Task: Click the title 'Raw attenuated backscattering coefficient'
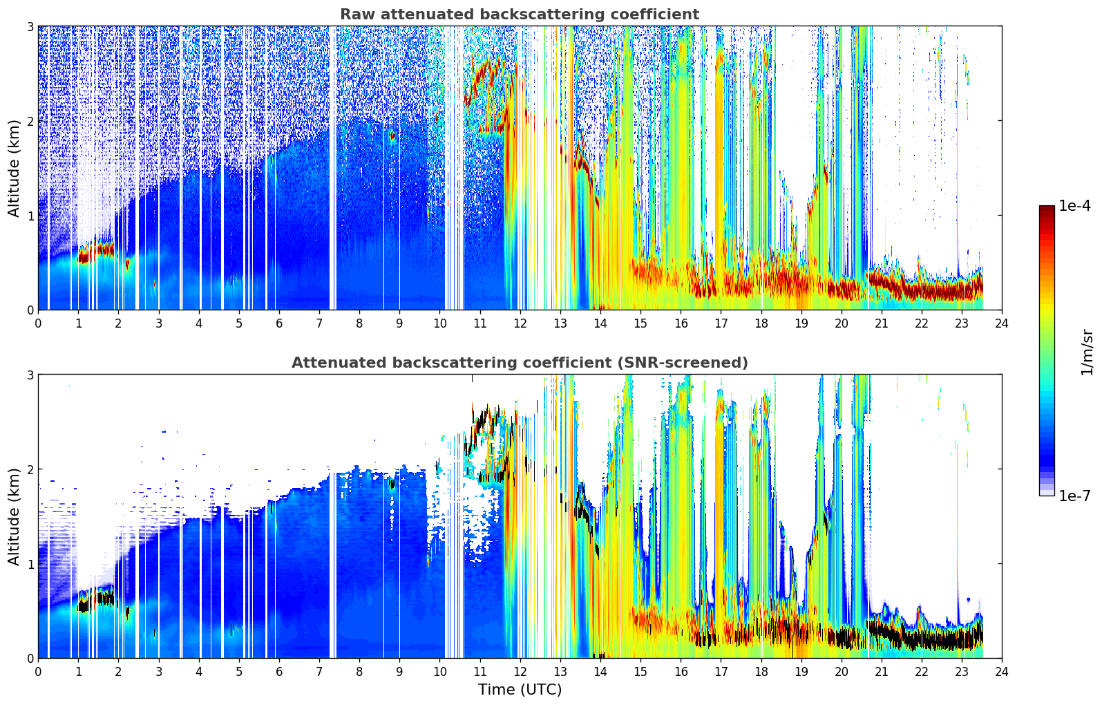pyautogui.click(x=520, y=15)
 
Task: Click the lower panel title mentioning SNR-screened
pyautogui.click(x=520, y=362)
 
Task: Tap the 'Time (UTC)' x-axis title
pyautogui.click(x=520, y=689)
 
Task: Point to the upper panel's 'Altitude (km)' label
pyautogui.click(x=14, y=169)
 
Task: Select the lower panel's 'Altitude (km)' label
pyautogui.click(x=14, y=516)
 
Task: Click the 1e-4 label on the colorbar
pyautogui.click(x=1074, y=206)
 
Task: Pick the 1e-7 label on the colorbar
pyautogui.click(x=1074, y=496)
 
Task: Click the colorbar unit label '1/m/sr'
pyautogui.click(x=1087, y=352)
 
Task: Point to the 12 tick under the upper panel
pyautogui.click(x=520, y=323)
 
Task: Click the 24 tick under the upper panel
pyautogui.click(x=1002, y=323)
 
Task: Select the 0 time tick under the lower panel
pyautogui.click(x=39, y=672)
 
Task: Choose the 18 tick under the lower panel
pyautogui.click(x=761, y=672)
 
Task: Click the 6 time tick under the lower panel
pyautogui.click(x=279, y=672)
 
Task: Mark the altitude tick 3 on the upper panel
pyautogui.click(x=30, y=26)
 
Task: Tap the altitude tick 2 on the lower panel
pyautogui.click(x=30, y=469)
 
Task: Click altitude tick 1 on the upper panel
pyautogui.click(x=30, y=216)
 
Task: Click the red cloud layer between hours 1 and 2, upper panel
pyautogui.click(x=96, y=251)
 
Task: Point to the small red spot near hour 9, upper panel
pyautogui.click(x=392, y=136)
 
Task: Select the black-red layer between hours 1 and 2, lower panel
pyautogui.click(x=96, y=600)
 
